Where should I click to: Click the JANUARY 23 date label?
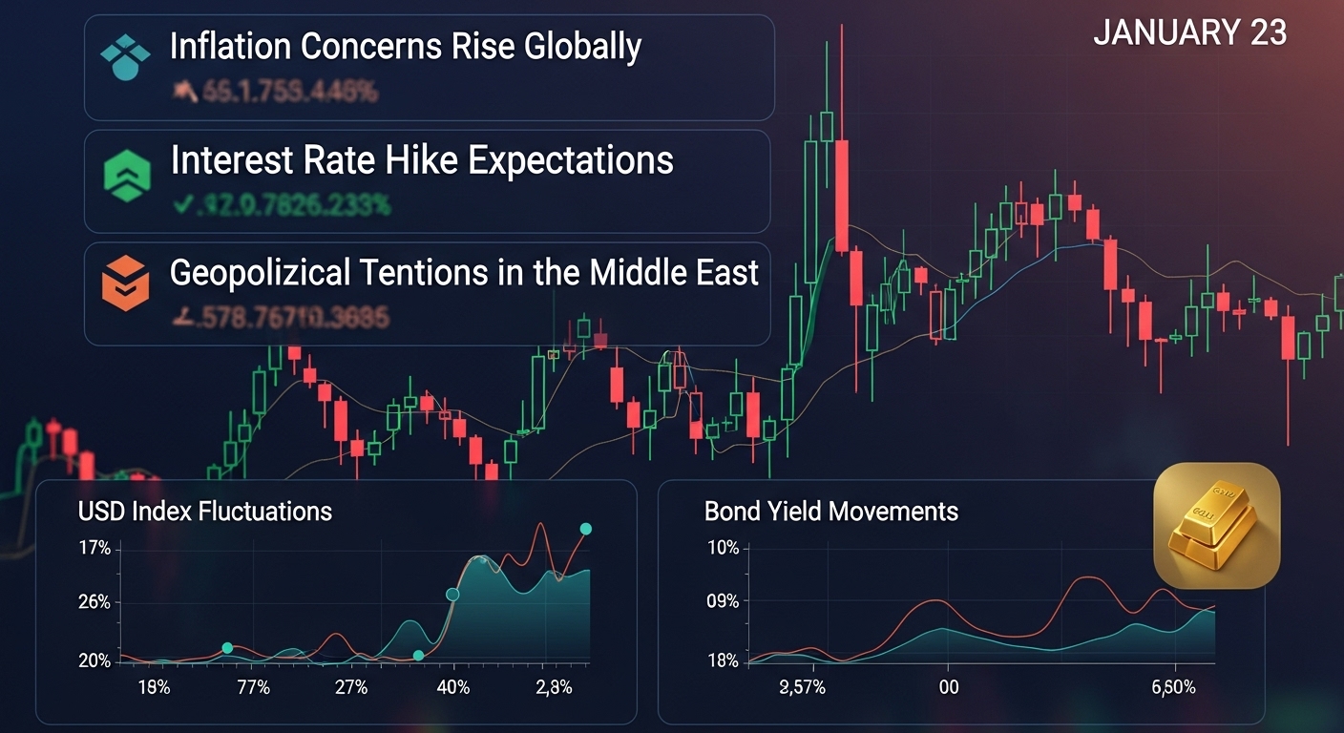(1189, 33)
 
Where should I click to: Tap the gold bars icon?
(1216, 525)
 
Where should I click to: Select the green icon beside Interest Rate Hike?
(126, 173)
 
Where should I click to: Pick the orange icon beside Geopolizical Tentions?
(126, 284)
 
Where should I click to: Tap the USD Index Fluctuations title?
(205, 512)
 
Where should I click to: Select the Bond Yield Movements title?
(830, 512)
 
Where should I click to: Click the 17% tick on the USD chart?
(94, 549)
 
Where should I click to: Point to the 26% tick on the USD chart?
(94, 602)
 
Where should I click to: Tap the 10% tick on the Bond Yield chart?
(722, 549)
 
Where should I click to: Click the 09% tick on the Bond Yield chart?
(722, 602)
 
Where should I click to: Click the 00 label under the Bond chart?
(948, 687)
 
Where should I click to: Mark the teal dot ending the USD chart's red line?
(586, 529)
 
